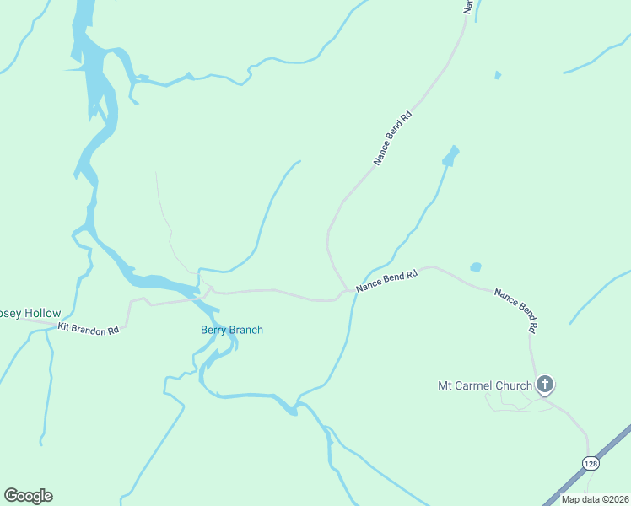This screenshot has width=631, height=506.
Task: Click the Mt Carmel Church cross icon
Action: click(545, 385)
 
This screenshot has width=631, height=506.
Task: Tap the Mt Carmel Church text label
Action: click(484, 386)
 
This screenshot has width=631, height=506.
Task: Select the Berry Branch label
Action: click(231, 330)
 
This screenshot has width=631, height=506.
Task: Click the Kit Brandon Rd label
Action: click(88, 329)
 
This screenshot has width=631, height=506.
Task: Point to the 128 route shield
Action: click(591, 463)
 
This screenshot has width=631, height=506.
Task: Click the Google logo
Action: click(28, 496)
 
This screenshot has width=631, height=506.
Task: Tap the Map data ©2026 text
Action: click(596, 499)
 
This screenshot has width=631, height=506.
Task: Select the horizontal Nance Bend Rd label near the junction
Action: click(386, 282)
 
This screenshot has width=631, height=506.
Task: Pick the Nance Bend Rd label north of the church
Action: click(515, 309)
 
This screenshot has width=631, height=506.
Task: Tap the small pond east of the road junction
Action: click(476, 267)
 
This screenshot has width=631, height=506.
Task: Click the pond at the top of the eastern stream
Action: click(450, 156)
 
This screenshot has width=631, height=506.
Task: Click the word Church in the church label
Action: click(513, 386)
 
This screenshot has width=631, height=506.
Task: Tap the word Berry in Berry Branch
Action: click(214, 330)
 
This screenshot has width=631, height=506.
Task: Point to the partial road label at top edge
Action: click(467, 7)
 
